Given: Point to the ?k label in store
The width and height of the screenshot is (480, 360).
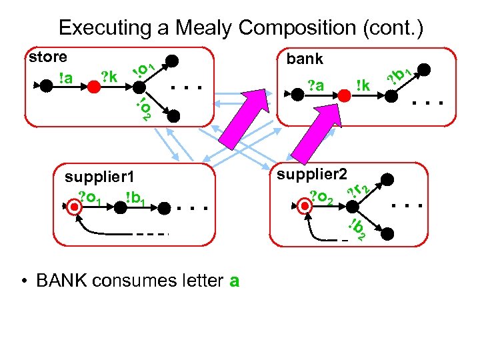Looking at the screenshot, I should click(x=109, y=77).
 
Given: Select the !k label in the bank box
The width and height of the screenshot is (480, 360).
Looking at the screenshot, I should click(x=363, y=85).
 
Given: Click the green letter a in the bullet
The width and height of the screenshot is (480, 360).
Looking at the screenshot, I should click(x=233, y=281).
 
